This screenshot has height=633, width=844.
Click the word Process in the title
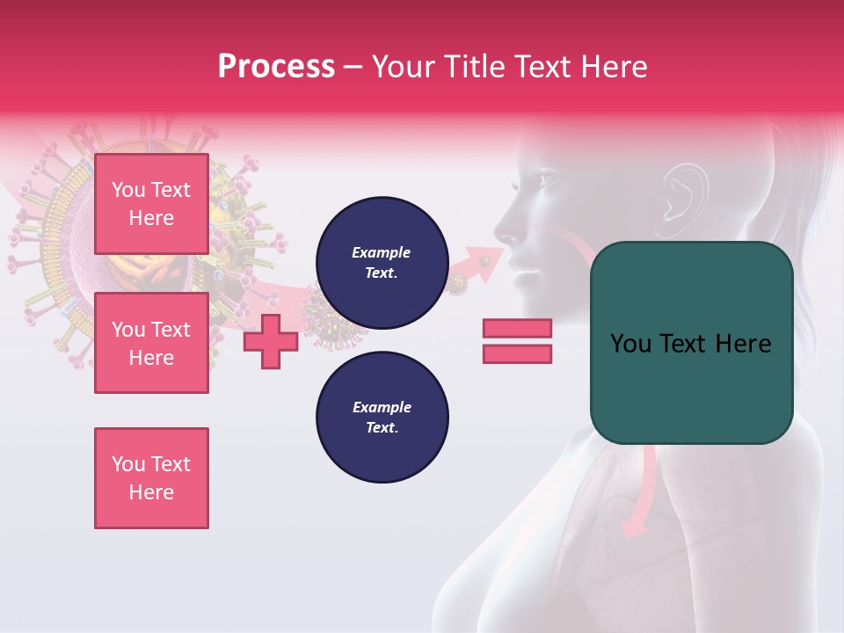[276, 67]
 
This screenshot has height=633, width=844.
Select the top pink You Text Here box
[151, 204]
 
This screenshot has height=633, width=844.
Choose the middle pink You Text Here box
[151, 343]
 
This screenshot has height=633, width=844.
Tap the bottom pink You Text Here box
[151, 478]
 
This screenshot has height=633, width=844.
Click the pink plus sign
[271, 341]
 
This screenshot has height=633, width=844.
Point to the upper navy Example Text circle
[382, 263]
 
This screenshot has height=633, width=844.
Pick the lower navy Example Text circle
[382, 418]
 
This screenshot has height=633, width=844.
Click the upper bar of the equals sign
[517, 329]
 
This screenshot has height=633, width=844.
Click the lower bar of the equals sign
[517, 353]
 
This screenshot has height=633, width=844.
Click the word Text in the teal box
[691, 344]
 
